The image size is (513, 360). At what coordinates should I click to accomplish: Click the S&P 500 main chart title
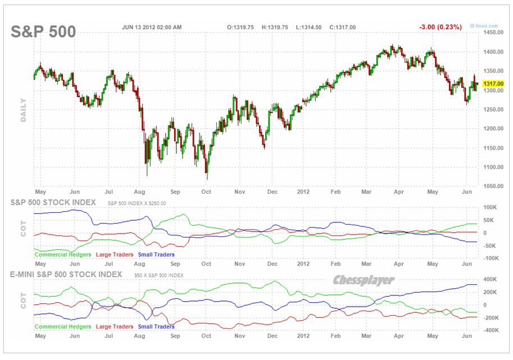click(43, 32)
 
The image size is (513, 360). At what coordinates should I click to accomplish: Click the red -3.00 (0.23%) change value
click(440, 26)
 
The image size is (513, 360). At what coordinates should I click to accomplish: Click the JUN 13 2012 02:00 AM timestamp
click(152, 27)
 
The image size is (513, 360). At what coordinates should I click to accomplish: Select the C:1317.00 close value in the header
click(342, 27)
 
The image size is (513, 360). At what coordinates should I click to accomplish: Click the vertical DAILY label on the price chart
click(24, 110)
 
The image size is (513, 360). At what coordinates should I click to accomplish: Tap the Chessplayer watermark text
click(363, 280)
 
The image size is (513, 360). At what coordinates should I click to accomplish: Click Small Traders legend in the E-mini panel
click(156, 326)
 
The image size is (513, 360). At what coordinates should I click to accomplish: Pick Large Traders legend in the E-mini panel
click(115, 326)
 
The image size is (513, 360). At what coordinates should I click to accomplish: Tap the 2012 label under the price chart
click(303, 191)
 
